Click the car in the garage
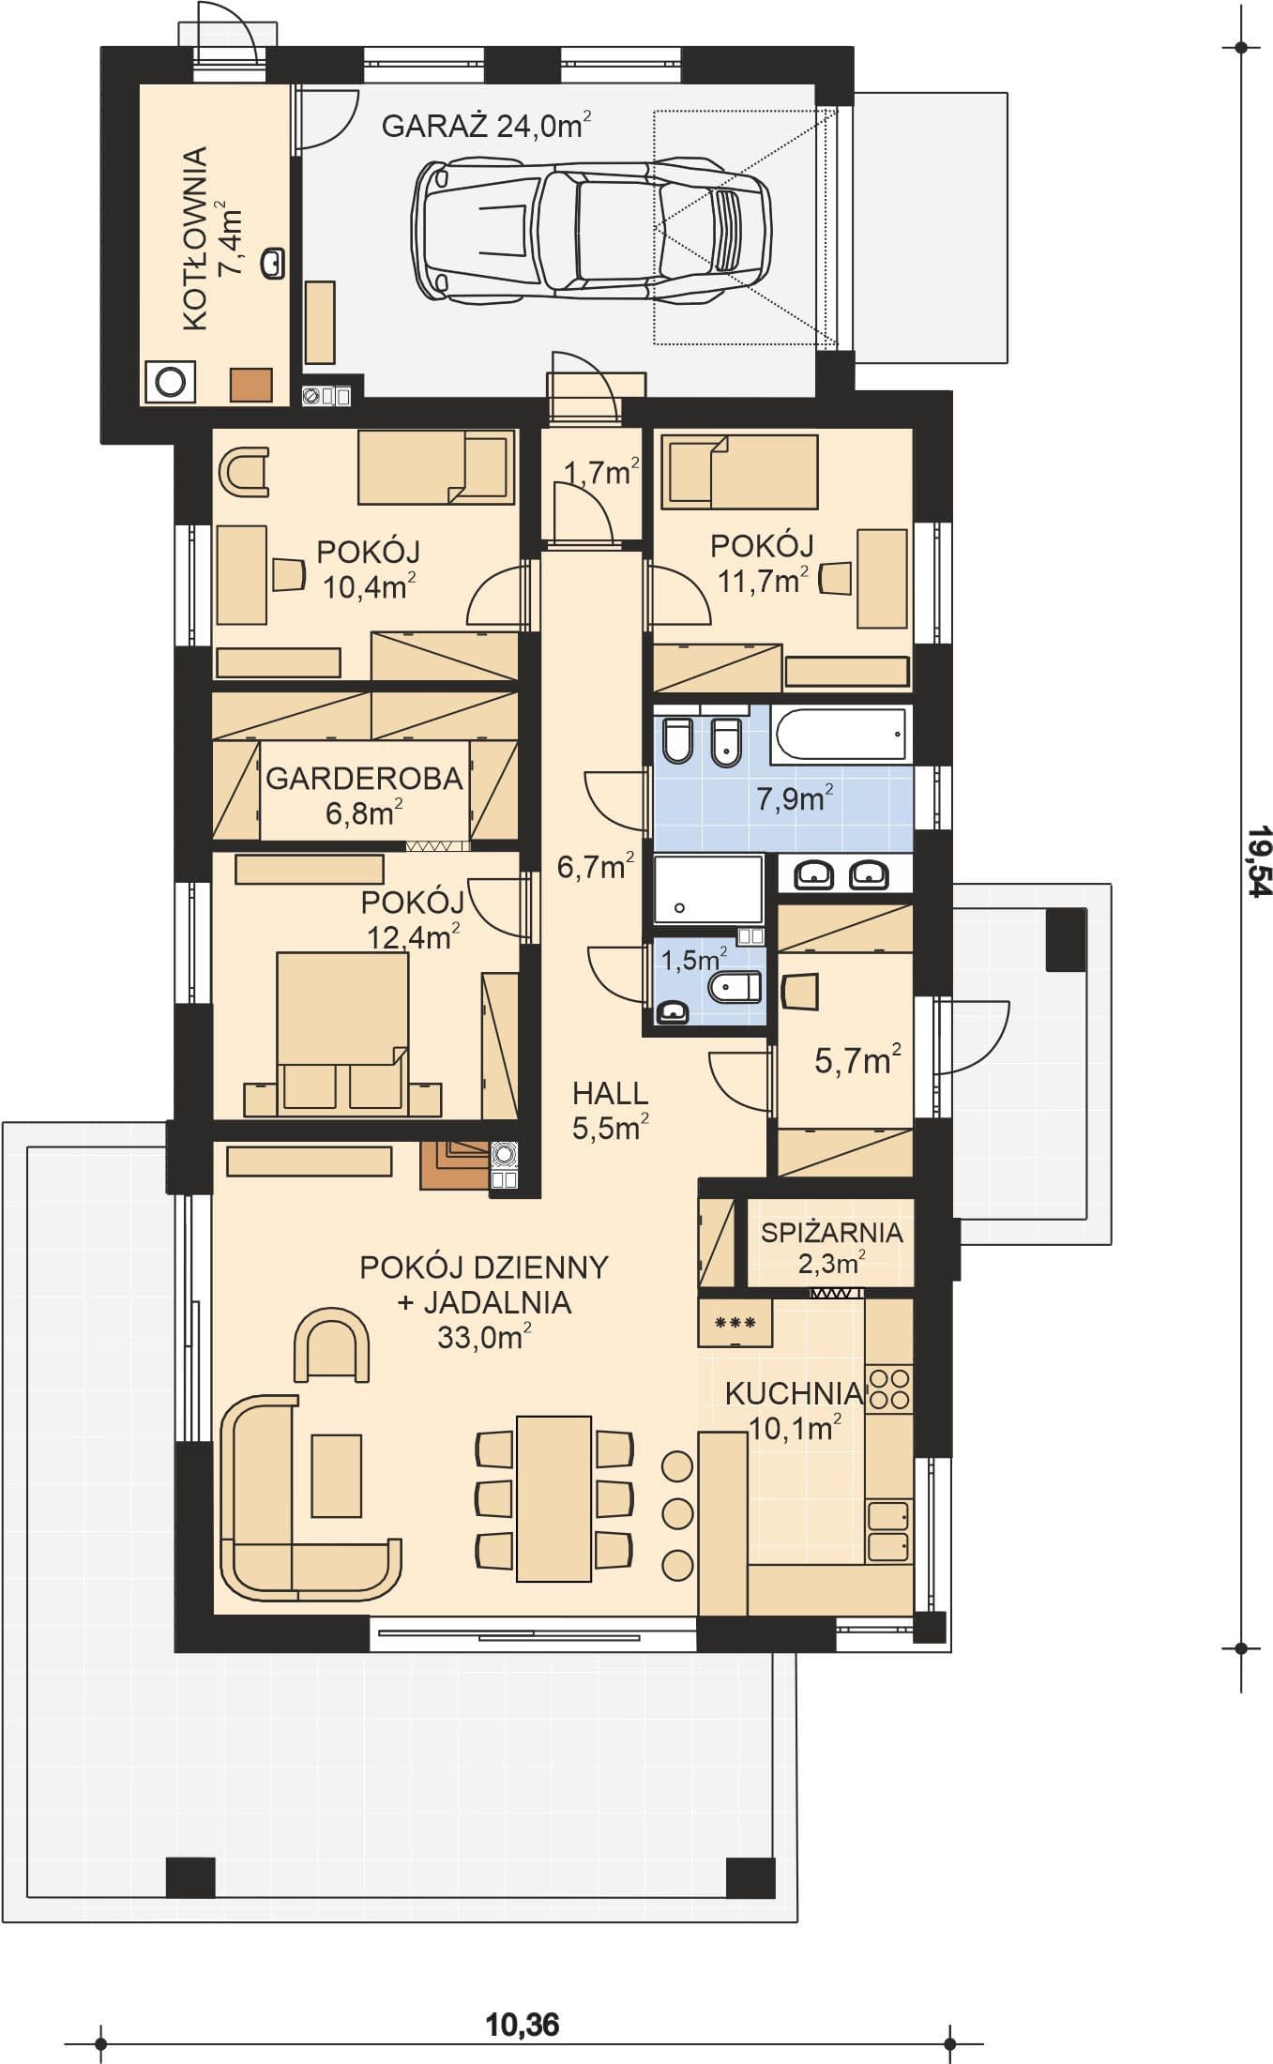[591, 231]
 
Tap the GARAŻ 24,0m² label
[486, 125]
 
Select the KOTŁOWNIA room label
[194, 238]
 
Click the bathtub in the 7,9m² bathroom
[840, 734]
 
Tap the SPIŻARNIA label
[831, 1233]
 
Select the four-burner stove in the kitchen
[888, 1389]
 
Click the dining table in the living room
[553, 1498]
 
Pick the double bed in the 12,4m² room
[342, 1033]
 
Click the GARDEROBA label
[364, 779]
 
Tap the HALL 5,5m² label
[611, 1110]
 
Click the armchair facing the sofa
[331, 1344]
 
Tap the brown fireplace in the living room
[455, 1164]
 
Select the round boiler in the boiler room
[171, 382]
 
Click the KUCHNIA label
[794, 1393]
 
